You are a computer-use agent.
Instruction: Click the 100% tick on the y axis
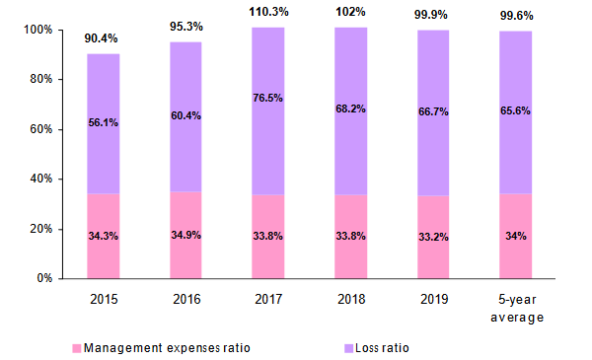(37, 30)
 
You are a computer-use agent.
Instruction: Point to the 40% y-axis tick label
(40, 179)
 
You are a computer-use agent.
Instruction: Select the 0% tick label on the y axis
(44, 278)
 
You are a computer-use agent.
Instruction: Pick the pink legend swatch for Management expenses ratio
(76, 348)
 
